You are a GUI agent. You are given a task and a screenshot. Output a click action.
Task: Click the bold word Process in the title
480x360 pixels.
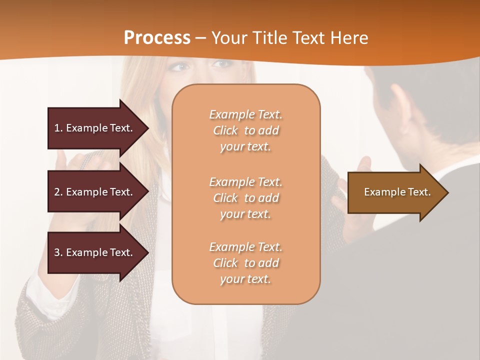157,37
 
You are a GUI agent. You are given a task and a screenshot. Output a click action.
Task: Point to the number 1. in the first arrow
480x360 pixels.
58,128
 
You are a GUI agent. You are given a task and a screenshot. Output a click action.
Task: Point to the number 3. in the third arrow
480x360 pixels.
58,252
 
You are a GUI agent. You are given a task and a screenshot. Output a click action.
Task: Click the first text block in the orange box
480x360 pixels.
245,130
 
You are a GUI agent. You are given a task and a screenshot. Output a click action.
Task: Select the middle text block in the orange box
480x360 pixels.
245,197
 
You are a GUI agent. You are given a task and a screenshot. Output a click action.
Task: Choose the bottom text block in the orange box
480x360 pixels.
245,263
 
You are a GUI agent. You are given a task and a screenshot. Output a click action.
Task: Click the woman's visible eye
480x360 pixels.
182,66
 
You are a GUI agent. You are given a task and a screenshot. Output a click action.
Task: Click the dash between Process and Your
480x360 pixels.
200,38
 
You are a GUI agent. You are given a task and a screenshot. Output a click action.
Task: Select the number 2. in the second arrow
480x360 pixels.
58,192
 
